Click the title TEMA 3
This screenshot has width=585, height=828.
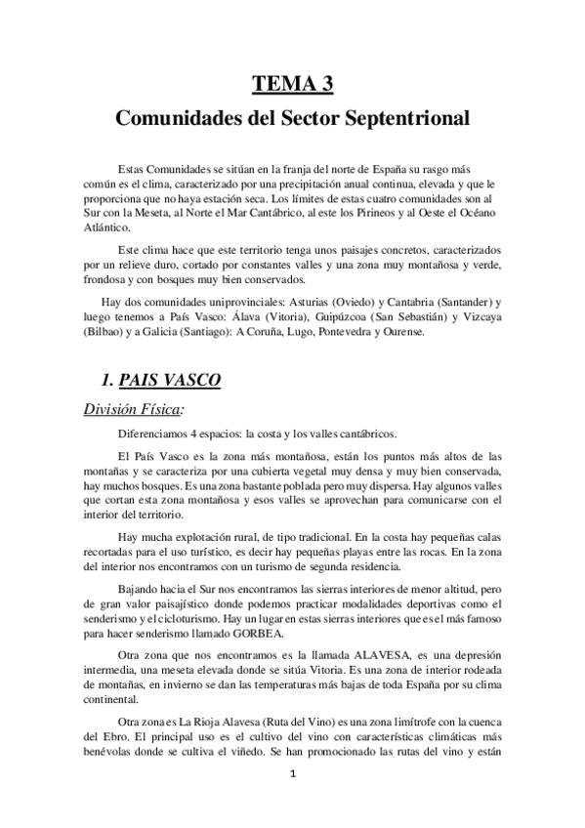[292, 84]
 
